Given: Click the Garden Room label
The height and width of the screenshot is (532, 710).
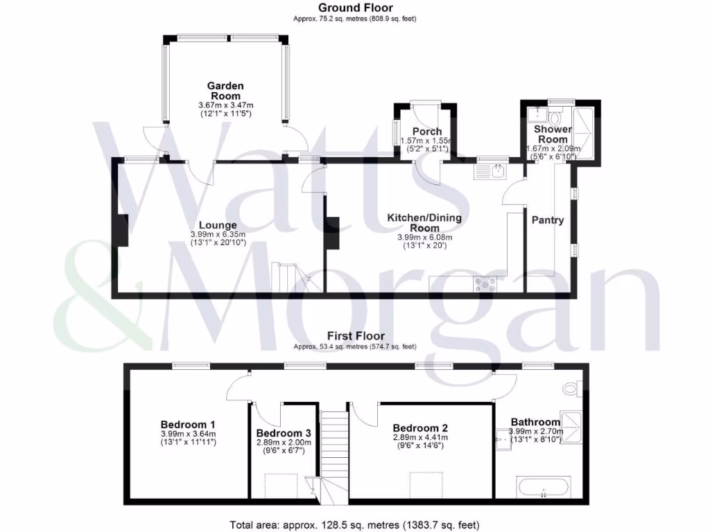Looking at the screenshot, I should (x=225, y=91).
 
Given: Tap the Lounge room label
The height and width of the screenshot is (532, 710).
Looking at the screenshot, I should (x=218, y=225).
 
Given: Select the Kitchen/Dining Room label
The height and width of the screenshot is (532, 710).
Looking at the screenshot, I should (x=424, y=222).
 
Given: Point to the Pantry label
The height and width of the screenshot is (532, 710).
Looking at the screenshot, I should (x=547, y=220).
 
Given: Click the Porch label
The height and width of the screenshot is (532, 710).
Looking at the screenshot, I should (x=426, y=132).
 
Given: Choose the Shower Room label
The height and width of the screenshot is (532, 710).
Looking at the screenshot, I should (x=553, y=134).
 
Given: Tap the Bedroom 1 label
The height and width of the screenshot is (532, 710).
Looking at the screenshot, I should (x=188, y=425).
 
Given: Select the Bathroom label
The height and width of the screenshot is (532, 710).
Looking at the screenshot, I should (x=535, y=422).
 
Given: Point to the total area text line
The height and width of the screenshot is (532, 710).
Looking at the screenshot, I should (x=354, y=525).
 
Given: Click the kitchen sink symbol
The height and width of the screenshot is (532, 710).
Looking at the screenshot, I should (x=492, y=170).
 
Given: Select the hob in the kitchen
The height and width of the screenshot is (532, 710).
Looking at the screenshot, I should (x=485, y=283).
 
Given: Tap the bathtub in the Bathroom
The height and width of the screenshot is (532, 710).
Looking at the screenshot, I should (x=543, y=486).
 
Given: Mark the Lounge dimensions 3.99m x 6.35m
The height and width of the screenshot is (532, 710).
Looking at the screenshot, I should (x=218, y=235).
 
